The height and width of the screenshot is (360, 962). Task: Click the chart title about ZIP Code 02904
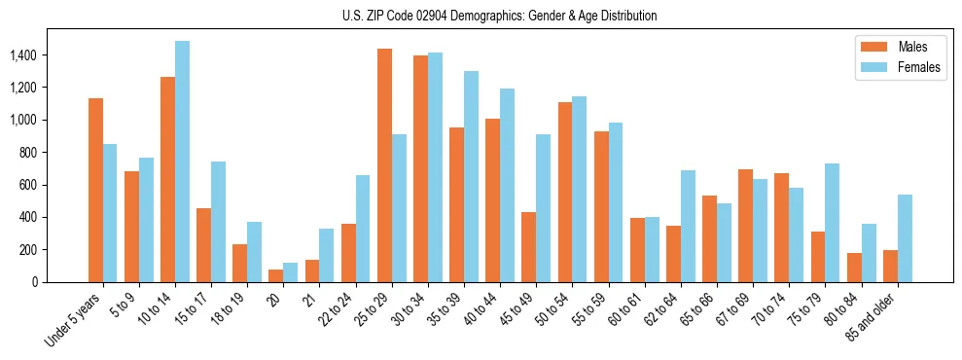click(x=499, y=16)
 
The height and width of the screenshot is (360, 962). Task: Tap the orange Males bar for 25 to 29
click(x=384, y=165)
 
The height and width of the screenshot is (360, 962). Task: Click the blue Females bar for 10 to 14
click(x=182, y=162)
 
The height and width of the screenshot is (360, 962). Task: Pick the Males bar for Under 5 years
click(x=95, y=190)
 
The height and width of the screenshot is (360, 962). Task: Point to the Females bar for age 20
click(x=291, y=272)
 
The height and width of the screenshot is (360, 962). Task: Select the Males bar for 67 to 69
click(x=745, y=226)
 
